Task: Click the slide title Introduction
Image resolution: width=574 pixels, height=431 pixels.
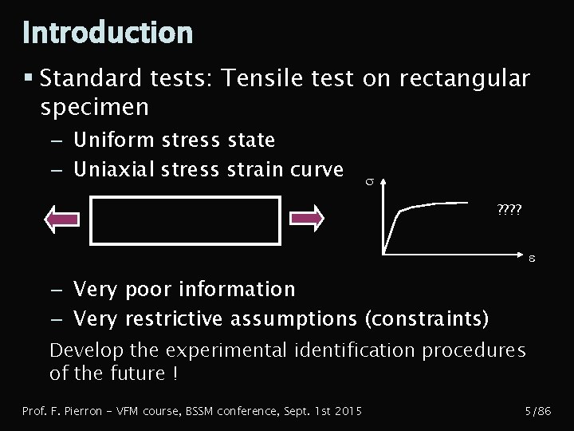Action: pyautogui.click(x=108, y=33)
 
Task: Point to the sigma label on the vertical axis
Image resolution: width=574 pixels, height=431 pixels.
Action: pyautogui.click(x=368, y=184)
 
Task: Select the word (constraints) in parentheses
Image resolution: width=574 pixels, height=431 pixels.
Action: pyautogui.click(x=426, y=319)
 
